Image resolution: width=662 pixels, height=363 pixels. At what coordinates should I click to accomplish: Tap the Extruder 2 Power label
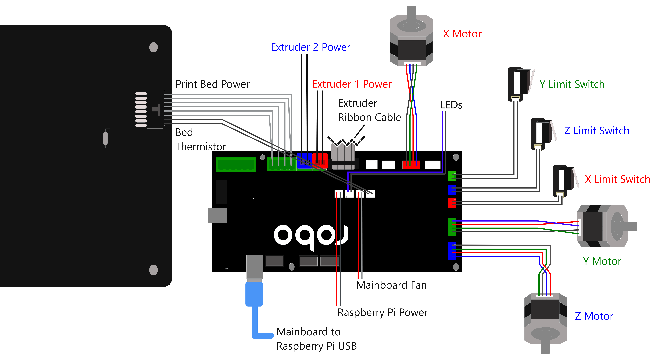pyautogui.click(x=310, y=47)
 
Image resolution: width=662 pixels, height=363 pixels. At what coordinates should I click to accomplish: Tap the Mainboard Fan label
pyautogui.click(x=391, y=285)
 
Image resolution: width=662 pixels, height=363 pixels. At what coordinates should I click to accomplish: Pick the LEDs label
pyautogui.click(x=451, y=105)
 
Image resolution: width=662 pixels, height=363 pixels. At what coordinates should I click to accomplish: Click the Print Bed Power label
pyautogui.click(x=212, y=84)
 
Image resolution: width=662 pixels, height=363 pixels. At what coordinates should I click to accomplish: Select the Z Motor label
pyautogui.click(x=594, y=316)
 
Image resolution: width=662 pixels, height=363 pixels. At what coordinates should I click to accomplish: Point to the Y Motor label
pyautogui.click(x=602, y=261)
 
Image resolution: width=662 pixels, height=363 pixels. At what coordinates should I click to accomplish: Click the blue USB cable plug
pyautogui.click(x=254, y=294)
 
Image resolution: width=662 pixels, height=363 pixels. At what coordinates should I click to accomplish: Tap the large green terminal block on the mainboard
pyautogui.click(x=236, y=165)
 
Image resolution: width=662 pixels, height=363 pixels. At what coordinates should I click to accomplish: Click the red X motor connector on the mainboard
pyautogui.click(x=411, y=165)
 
